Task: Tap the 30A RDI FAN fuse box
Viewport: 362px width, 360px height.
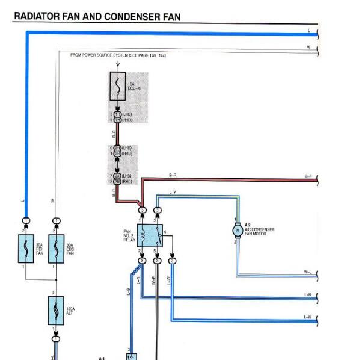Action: pyautogui.click(x=26, y=248)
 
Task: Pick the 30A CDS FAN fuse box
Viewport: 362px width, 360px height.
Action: pyautogui.click(x=56, y=248)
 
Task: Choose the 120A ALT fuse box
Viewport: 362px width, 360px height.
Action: pyautogui.click(x=56, y=311)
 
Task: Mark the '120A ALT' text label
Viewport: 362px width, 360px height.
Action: pyautogui.click(x=70, y=311)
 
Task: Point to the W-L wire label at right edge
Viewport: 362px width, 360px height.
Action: pyautogui.click(x=308, y=273)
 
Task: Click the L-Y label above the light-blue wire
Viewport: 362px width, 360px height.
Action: pyautogui.click(x=173, y=192)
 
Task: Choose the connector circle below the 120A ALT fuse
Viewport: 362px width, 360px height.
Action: pyautogui.click(x=56, y=340)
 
